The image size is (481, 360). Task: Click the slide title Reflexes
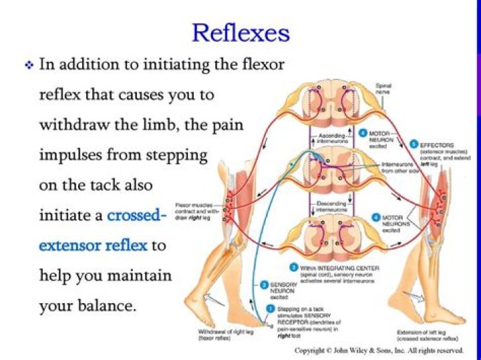pyautogui.click(x=240, y=31)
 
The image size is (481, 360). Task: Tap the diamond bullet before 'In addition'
pyautogui.click(x=29, y=65)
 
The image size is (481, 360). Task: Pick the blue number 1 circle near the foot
pyautogui.click(x=270, y=309)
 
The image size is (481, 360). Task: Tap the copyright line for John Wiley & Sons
pyautogui.click(x=379, y=350)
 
